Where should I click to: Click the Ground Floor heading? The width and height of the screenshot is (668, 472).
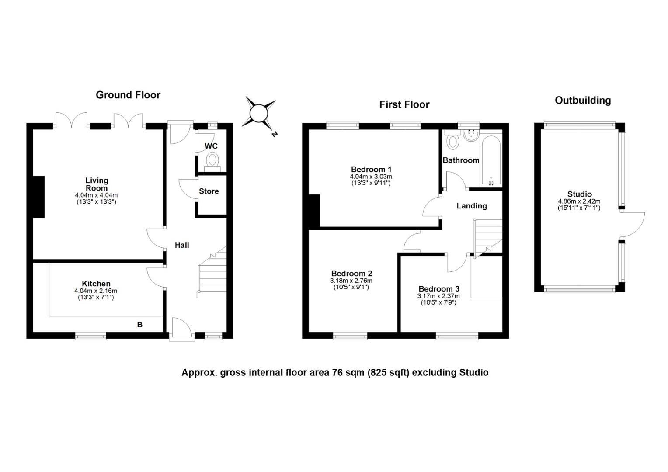pyautogui.click(x=128, y=95)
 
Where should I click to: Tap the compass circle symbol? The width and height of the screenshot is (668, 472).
pyautogui.click(x=259, y=113)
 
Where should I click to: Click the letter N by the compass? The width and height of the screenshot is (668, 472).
pyautogui.click(x=275, y=134)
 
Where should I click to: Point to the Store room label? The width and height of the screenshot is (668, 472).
pyautogui.click(x=209, y=191)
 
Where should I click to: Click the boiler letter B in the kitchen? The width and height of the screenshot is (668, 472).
pyautogui.click(x=139, y=325)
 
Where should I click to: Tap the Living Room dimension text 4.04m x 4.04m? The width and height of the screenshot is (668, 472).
pyautogui.click(x=96, y=195)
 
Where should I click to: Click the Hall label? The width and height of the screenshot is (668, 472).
pyautogui.click(x=182, y=245)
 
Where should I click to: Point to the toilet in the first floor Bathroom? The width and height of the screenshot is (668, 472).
pyautogui.click(x=452, y=140)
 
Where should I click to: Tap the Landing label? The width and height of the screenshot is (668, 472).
pyautogui.click(x=472, y=206)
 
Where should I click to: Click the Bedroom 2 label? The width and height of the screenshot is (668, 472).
pyautogui.click(x=352, y=274)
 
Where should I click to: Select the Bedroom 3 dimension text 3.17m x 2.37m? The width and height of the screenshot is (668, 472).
pyautogui.click(x=438, y=296)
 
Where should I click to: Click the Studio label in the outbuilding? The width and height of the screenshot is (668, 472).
pyautogui.click(x=579, y=194)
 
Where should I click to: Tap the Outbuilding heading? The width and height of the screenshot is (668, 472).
pyautogui.click(x=583, y=101)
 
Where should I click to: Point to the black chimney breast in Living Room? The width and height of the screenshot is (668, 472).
pyautogui.click(x=39, y=197)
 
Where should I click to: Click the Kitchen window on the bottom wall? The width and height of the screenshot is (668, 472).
pyautogui.click(x=90, y=336)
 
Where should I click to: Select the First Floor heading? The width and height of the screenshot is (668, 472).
pyautogui.click(x=404, y=104)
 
